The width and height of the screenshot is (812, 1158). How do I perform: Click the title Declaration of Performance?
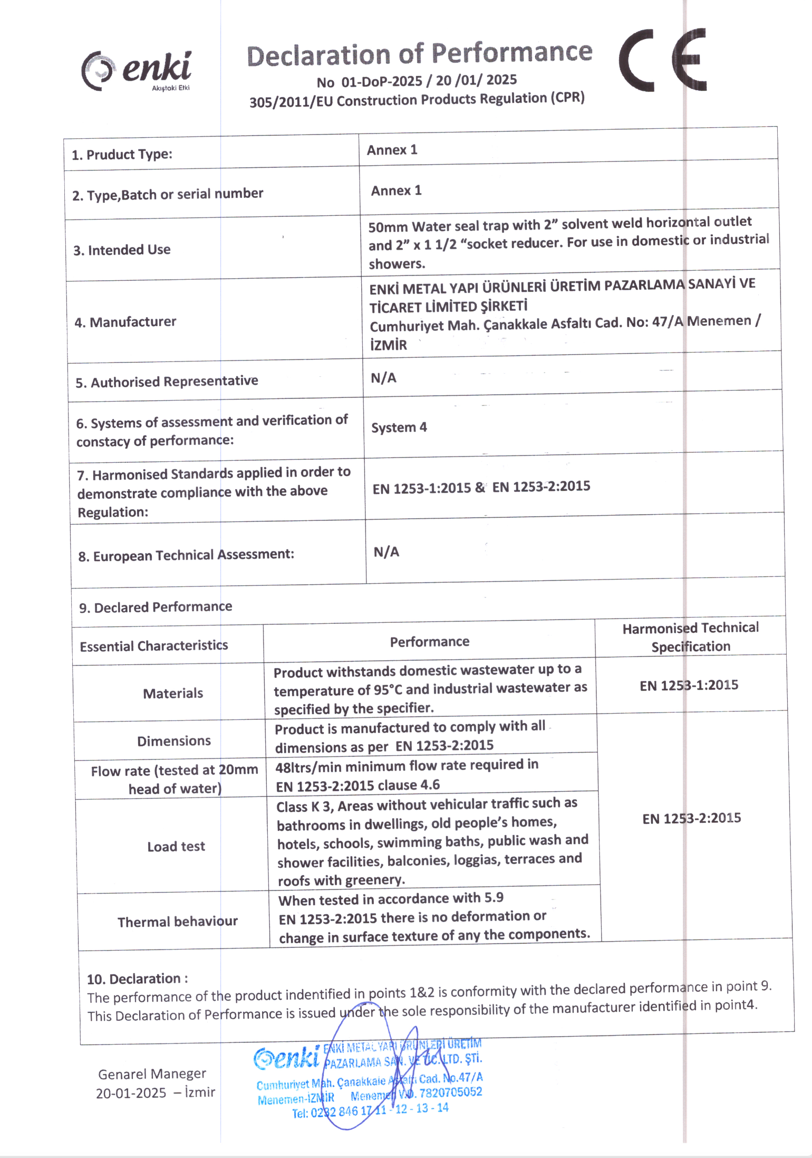pyautogui.click(x=419, y=54)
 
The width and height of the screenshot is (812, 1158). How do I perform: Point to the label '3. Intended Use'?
pyautogui.click(x=122, y=250)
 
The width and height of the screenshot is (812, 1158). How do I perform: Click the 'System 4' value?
pyautogui.click(x=399, y=427)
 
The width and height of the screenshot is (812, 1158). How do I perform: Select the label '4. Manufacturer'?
pyautogui.click(x=125, y=322)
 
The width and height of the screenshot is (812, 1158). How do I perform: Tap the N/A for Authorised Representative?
pyautogui.click(x=383, y=378)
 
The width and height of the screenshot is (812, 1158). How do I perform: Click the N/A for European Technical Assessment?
pyautogui.click(x=386, y=552)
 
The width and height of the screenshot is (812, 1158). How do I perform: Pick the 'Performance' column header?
pyautogui.click(x=429, y=641)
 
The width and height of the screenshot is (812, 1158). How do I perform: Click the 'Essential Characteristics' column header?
pyautogui.click(x=153, y=646)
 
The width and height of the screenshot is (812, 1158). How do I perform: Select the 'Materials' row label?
pyautogui.click(x=173, y=693)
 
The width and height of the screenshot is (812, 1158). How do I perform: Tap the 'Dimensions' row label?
pyautogui.click(x=173, y=741)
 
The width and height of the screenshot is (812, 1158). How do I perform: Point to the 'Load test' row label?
pyautogui.click(x=176, y=846)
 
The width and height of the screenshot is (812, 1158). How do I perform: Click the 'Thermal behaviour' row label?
pyautogui.click(x=177, y=922)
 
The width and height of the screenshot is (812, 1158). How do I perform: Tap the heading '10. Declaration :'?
pyautogui.click(x=137, y=979)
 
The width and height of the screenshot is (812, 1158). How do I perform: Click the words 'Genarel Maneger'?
pyautogui.click(x=152, y=1074)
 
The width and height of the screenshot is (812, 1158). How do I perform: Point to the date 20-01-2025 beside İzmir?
pyautogui.click(x=131, y=1093)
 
